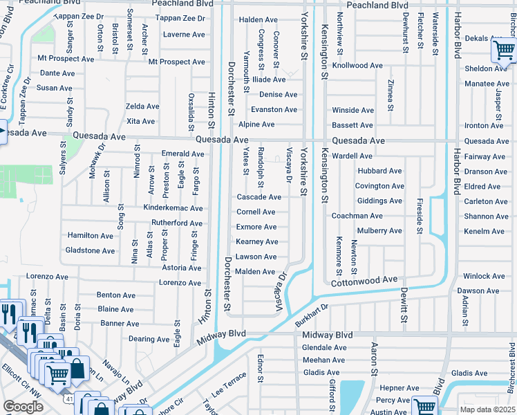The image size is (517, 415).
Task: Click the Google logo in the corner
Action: coord(23,406)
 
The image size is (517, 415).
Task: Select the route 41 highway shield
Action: coord(64,399)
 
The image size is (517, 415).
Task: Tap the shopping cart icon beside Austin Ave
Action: coord(424,406)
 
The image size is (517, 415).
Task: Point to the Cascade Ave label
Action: coord(259,197)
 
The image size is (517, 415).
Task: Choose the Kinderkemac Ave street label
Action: coord(173,208)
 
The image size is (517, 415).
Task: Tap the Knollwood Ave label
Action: coord(357,66)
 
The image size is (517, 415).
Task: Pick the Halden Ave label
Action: coord(258,20)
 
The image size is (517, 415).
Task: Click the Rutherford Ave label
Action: coord(177,223)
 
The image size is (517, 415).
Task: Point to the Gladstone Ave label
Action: coord(90,250)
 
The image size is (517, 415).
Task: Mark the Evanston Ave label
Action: coord(274,110)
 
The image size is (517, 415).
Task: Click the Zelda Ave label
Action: coord(142,107)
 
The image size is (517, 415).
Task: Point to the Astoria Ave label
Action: coord(182,268)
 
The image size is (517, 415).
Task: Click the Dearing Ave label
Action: coord(149,339)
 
